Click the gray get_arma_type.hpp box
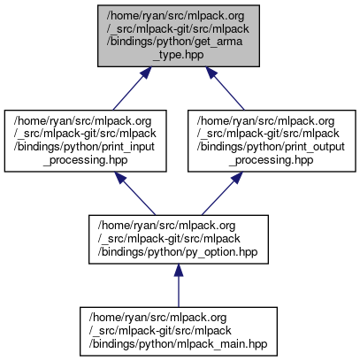pos(179,35)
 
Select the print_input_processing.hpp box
pos(86,141)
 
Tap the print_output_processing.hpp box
pos(272,141)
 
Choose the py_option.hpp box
pos(179,240)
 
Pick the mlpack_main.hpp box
pos(179,332)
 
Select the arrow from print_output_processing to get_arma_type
pos(225,88)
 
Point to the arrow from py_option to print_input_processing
pos(134,194)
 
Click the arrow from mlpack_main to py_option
pos(179,286)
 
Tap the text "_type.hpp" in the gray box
pos(179,55)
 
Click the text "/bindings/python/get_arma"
pos(174,42)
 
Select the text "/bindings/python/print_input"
pos(84,147)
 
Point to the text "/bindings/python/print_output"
pos(271,147)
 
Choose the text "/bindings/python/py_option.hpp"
pos(178,252)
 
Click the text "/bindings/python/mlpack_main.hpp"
pos(178,344)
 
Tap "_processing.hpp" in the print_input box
pos(86,160)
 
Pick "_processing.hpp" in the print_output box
pos(272,160)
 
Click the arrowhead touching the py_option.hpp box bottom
pos(179,270)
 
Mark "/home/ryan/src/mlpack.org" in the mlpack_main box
pos(157,318)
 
